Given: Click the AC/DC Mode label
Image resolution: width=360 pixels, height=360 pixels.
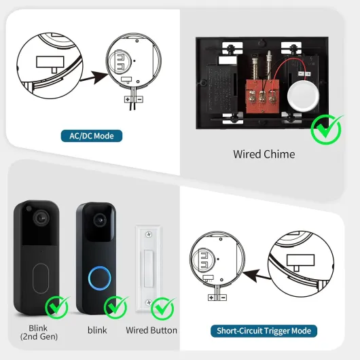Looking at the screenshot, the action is [92, 136].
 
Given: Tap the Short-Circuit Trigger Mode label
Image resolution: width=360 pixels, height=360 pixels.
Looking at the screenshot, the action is [264, 331].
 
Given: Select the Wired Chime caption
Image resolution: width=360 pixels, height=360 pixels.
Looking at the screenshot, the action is [264, 154].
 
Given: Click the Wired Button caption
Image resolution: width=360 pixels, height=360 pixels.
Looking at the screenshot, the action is [151, 330].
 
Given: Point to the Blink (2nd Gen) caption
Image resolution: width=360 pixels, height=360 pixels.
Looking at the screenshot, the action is [39, 332].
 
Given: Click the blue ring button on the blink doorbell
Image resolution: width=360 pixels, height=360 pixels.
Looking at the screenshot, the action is [100, 278].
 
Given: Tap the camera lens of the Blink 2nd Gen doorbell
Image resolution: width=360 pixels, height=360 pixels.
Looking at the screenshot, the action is [41, 217].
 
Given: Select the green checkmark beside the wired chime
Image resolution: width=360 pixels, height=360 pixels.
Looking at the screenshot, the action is [327, 129].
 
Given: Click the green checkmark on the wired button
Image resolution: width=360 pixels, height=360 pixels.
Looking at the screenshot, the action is [162, 308].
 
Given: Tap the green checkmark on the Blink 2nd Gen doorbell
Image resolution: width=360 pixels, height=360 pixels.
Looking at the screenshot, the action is [57, 307].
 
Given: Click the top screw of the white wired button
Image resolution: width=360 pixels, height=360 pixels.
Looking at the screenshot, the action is [149, 234].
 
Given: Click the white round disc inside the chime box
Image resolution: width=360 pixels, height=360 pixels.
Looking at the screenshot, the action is [303, 94].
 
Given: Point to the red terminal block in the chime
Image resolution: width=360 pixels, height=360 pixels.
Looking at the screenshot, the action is [263, 96].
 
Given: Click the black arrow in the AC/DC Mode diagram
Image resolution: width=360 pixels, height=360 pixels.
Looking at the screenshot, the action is [94, 77].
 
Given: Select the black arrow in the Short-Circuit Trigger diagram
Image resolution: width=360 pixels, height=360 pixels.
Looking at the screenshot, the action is [257, 275].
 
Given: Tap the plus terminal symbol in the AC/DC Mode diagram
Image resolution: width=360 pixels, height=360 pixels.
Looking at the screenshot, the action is [128, 99].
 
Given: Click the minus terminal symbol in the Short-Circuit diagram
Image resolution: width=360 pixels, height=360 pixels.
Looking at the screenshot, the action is [223, 298].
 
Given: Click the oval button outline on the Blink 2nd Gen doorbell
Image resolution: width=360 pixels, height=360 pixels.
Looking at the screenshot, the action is [41, 278].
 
